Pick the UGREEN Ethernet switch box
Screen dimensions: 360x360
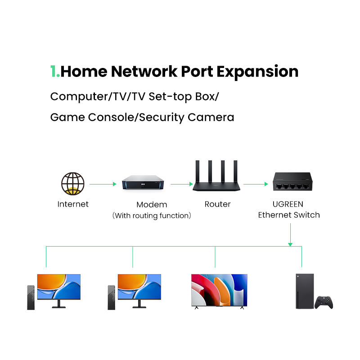(x=292, y=182)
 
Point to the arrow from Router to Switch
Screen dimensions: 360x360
(x=256, y=184)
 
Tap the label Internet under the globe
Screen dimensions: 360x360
(x=73, y=204)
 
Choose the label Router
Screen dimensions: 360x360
(x=217, y=204)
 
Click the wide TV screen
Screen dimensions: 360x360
(x=219, y=290)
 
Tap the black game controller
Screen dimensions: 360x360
(x=324, y=302)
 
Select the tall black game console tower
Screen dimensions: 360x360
(x=304, y=291)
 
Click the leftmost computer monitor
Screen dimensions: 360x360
(x=58, y=287)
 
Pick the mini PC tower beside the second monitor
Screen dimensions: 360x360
(x=111, y=297)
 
